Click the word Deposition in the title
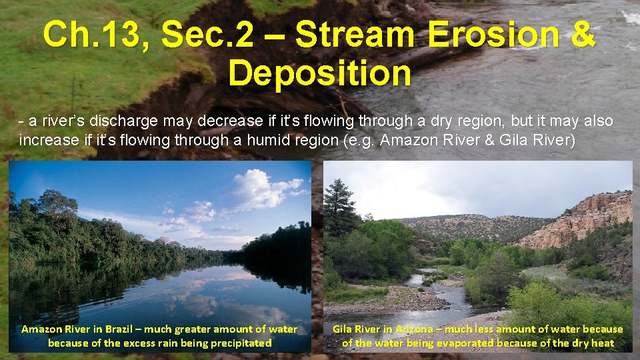pyautogui.click(x=319, y=73)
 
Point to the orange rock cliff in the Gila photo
pyautogui.click(x=587, y=217)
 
